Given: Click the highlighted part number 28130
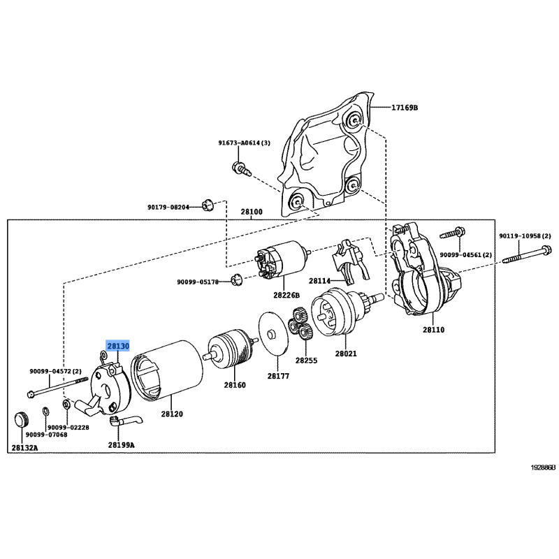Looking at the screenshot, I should point(117,346).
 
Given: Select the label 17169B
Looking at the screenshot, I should point(405,108).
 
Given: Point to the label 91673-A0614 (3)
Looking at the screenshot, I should point(244,143).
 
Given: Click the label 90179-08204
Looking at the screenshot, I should point(169,207).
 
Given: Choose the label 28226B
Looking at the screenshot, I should point(286,295).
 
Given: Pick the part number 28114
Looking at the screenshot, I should point(320,282).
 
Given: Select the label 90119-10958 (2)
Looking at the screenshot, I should point(525,236).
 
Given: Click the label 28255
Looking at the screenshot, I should point(306,361).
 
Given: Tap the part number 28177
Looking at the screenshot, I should point(277,376).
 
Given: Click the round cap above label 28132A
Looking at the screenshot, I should point(22,420).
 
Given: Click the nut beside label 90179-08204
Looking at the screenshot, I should point(206,205).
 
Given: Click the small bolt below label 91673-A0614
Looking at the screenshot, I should point(240,168).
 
